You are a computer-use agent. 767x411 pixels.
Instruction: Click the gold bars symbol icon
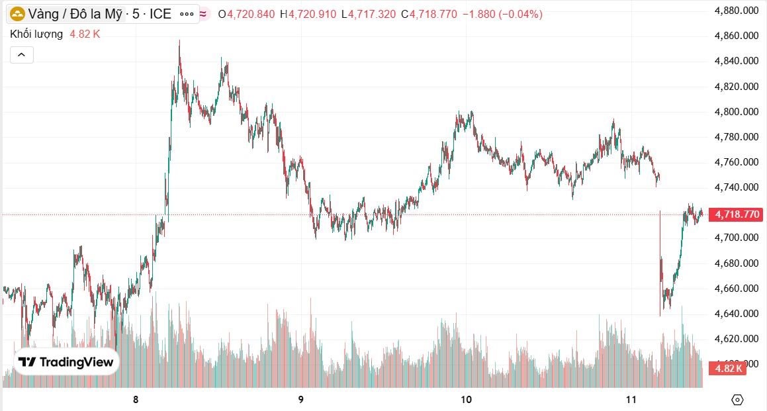[x=17, y=13]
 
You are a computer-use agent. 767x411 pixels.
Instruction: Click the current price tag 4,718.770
[x=735, y=214]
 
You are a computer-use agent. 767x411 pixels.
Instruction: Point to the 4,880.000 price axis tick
[x=739, y=11]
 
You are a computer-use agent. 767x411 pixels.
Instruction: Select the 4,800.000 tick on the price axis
[x=739, y=112]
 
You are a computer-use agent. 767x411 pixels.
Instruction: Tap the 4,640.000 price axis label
[x=739, y=314]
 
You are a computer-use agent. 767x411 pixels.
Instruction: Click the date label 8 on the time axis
[x=136, y=399]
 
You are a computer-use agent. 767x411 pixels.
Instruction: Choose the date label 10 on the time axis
[x=466, y=399]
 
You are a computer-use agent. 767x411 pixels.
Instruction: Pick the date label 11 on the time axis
[x=631, y=399]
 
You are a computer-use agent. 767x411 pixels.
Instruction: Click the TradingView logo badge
[x=66, y=362]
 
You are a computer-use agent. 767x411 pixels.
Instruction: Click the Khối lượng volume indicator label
[x=36, y=34]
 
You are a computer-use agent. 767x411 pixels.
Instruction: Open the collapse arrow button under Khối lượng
[x=21, y=55]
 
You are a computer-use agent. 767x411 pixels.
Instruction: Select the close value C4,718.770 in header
[x=429, y=14]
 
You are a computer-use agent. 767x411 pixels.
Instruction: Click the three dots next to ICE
[x=187, y=13]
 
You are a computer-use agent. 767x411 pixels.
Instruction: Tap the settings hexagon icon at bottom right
[x=737, y=399]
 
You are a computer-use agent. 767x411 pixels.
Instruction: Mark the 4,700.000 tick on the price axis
[x=739, y=238]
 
